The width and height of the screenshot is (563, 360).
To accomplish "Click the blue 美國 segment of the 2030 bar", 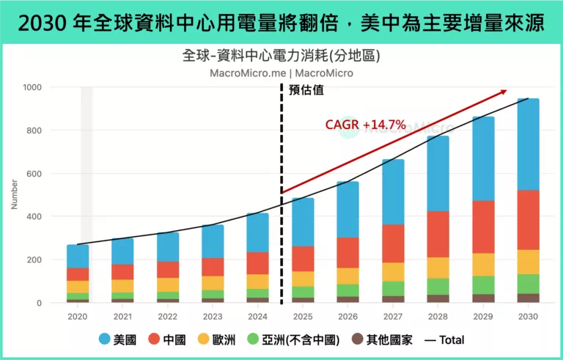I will (x=528, y=144).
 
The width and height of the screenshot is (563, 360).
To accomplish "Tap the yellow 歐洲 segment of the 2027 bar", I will (x=393, y=272).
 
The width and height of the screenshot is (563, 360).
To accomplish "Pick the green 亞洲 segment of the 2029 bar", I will (x=482, y=284).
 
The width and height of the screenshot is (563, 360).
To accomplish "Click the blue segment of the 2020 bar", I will (x=78, y=256).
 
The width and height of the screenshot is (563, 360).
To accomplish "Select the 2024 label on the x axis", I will (x=258, y=317).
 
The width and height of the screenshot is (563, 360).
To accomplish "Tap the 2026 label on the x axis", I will (x=348, y=317).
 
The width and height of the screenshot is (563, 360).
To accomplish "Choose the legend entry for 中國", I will (x=168, y=339).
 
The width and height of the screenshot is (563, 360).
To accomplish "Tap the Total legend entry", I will (x=444, y=339).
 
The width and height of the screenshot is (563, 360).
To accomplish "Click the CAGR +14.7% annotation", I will (x=365, y=125).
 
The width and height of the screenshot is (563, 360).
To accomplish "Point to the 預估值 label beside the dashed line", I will (x=306, y=91).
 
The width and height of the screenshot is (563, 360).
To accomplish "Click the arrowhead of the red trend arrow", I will (x=504, y=91).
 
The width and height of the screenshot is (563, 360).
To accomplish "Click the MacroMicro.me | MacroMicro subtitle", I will (x=281, y=73).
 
